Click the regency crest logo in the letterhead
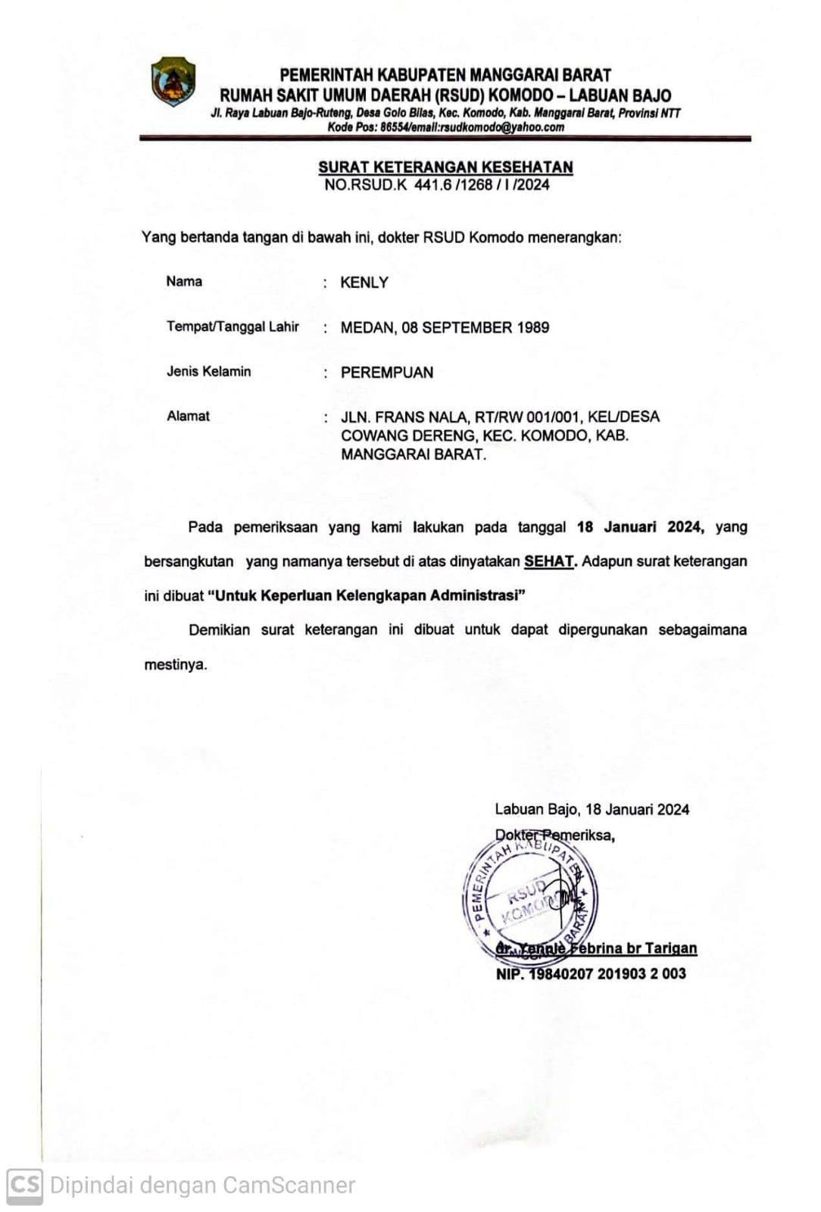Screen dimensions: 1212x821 pyautogui.click(x=173, y=81)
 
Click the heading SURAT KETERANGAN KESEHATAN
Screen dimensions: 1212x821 pyautogui.click(x=445, y=167)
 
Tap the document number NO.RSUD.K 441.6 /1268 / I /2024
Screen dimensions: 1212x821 pyautogui.click(x=437, y=185)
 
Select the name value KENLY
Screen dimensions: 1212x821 pyautogui.click(x=364, y=283)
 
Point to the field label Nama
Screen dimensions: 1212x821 pyautogui.click(x=184, y=282)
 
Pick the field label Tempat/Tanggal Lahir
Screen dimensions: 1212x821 pyautogui.click(x=233, y=326)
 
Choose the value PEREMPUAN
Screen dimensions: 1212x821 pyautogui.click(x=387, y=373)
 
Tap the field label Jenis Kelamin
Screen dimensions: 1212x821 pyautogui.click(x=208, y=371)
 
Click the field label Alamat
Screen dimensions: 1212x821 pyautogui.click(x=188, y=416)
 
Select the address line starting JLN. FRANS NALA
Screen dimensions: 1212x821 pyautogui.click(x=500, y=417)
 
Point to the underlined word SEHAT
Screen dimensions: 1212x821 pyautogui.click(x=549, y=562)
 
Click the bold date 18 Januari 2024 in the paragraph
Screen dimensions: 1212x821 pyautogui.click(x=640, y=527)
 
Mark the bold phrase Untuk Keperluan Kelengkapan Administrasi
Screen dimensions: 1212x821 pyautogui.click(x=367, y=595)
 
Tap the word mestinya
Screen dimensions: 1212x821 pyautogui.click(x=175, y=665)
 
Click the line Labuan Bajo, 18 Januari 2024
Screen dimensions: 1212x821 pyautogui.click(x=592, y=810)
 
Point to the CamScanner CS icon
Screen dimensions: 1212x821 pyautogui.click(x=24, y=1185)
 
